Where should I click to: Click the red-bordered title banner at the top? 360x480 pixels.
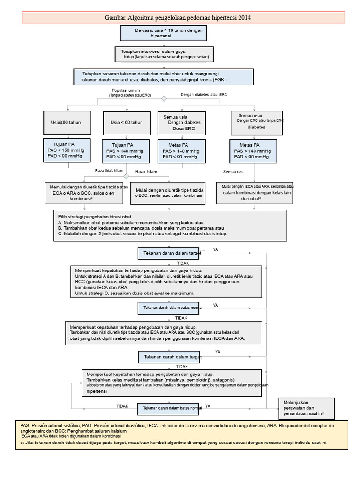coord(183,17)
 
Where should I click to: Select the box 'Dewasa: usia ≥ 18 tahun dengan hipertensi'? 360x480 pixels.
coord(164,33)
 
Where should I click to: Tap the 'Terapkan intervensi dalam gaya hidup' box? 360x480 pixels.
coord(164,54)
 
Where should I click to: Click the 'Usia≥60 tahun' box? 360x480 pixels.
coord(67,122)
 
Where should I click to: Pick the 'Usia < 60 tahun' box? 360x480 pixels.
coord(127,123)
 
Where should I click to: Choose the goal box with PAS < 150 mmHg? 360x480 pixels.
coord(67,150)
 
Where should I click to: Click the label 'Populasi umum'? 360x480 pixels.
coord(126,90)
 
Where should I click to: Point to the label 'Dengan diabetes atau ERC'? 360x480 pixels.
coord(204,95)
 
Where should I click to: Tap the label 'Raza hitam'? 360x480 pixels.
coord(146,172)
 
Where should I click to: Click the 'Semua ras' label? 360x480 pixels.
coord(232,172)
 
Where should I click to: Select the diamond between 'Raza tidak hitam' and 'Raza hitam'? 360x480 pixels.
coord(126,176)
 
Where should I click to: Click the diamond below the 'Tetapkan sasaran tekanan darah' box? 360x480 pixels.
coord(164,98)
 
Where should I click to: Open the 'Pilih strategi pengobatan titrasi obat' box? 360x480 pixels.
coord(170,225)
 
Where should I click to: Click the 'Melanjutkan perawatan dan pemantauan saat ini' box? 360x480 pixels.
coord(307,408)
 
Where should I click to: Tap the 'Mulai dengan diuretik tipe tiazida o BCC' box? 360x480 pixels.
coord(168,193)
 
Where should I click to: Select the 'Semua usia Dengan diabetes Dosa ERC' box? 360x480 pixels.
coord(182,123)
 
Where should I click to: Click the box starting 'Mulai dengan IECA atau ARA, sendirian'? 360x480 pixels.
coord(255,193)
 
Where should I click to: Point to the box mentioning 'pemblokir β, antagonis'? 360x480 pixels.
coord(172,383)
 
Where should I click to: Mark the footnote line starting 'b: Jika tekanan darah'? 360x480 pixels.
coord(174,442)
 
